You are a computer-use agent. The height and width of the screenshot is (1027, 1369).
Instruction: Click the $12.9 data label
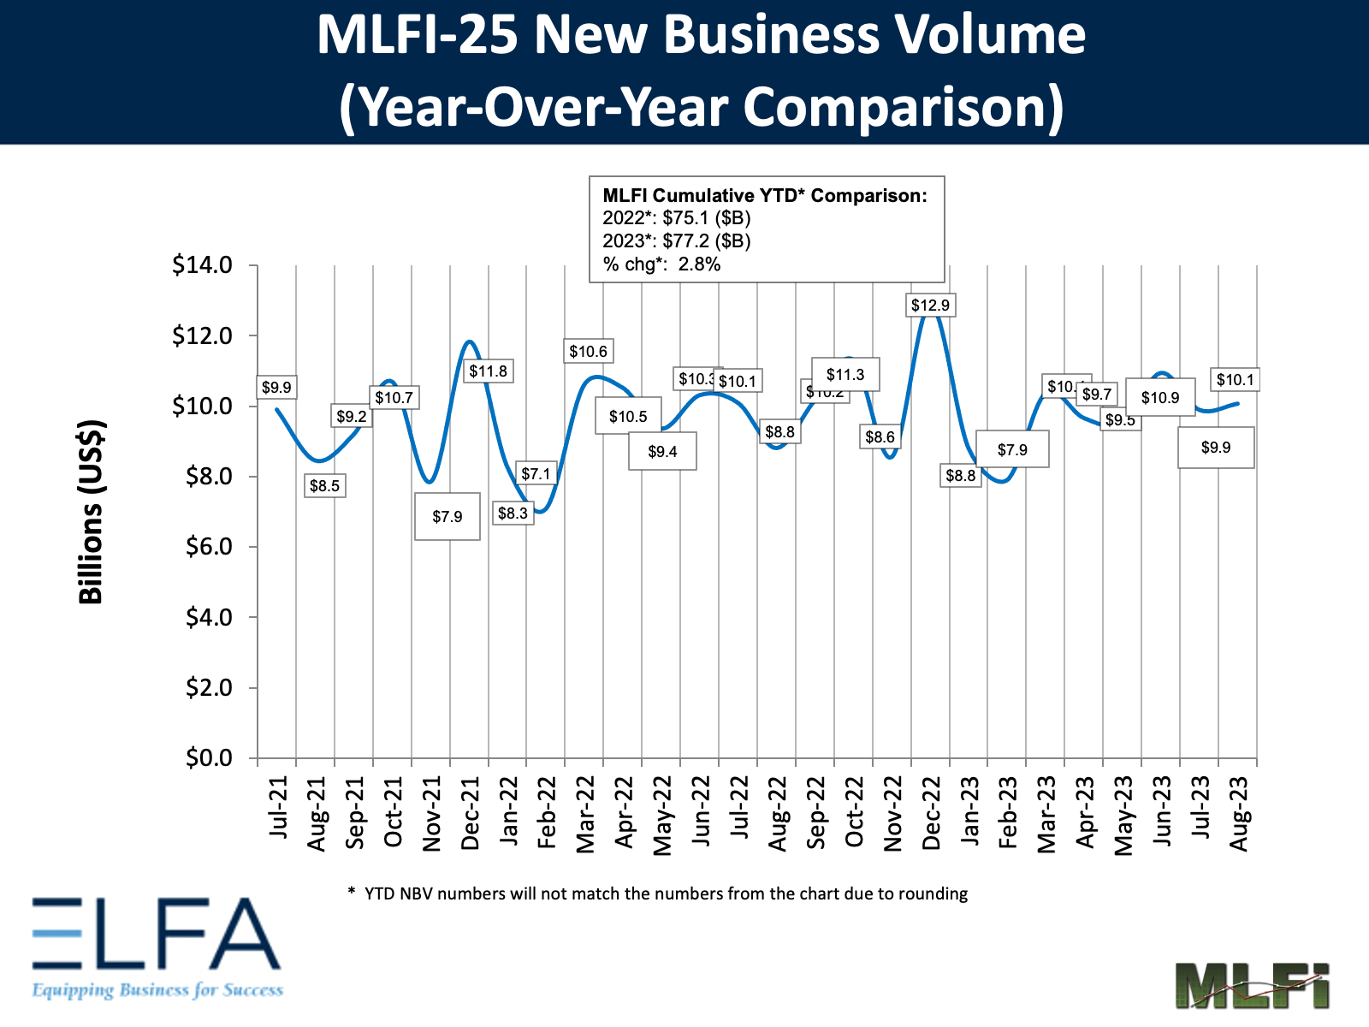click(x=930, y=305)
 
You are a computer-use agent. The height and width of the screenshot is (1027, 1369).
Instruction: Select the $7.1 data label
click(x=536, y=473)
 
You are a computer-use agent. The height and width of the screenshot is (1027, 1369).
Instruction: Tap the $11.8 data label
click(x=488, y=371)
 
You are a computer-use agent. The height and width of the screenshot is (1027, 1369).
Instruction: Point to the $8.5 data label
click(x=324, y=486)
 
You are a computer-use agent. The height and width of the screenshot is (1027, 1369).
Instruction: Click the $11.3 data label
click(x=845, y=374)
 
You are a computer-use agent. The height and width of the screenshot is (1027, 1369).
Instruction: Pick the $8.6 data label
click(x=880, y=436)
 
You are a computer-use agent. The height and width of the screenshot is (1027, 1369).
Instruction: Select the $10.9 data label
click(x=1159, y=397)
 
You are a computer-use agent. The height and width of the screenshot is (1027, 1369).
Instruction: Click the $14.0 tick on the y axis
click(x=202, y=264)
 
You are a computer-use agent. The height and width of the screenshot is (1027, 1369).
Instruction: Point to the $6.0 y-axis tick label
click(x=208, y=546)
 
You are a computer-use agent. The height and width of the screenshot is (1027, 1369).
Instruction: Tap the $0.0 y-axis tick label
click(x=208, y=757)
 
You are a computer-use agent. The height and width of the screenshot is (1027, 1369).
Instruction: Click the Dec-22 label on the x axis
click(x=931, y=813)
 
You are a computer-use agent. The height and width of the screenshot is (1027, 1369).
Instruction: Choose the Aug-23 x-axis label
click(x=1238, y=813)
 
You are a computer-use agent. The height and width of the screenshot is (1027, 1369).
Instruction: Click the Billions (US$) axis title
click(x=91, y=512)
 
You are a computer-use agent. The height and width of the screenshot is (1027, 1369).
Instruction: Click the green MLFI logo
click(x=1251, y=984)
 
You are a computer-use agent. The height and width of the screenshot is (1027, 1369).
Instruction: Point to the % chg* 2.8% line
click(x=661, y=264)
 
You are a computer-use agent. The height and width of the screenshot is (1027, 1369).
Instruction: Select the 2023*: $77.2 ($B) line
click(x=676, y=240)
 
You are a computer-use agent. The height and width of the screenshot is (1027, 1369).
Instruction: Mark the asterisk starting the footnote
click(x=351, y=892)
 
